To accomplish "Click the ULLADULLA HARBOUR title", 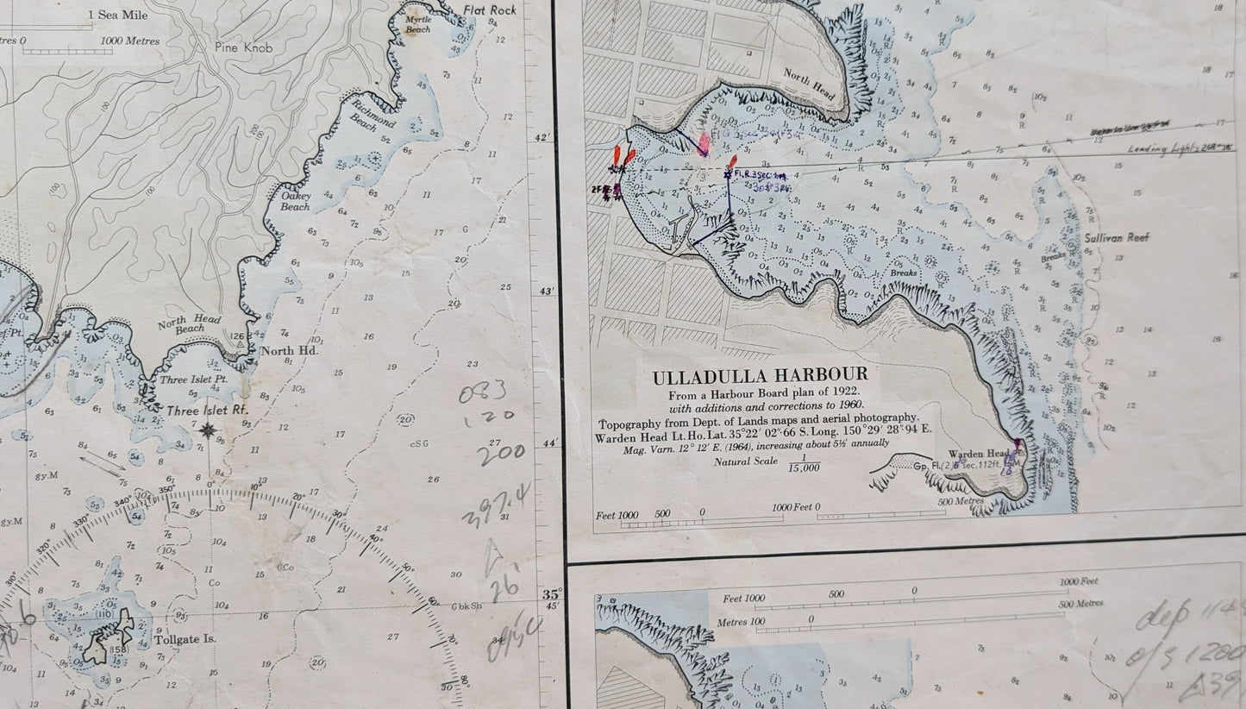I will click(x=760, y=377).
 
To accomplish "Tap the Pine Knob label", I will click(x=244, y=48).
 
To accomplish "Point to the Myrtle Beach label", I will click(x=418, y=24).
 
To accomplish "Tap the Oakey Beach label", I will click(x=296, y=201).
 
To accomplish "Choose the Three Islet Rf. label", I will click(x=204, y=411).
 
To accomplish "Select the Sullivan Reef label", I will click(x=1120, y=237).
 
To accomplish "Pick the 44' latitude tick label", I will click(x=548, y=443).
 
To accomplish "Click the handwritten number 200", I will click(x=501, y=455).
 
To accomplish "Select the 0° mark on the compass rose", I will click(x=210, y=485).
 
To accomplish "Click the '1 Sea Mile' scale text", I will click(x=116, y=15).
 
